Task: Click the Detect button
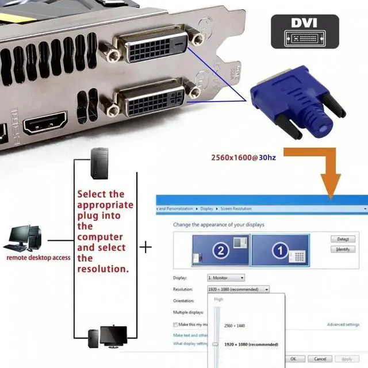click(x=343, y=239)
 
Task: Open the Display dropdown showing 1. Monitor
click(x=226, y=278)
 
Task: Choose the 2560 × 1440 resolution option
click(x=235, y=325)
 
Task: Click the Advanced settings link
click(x=343, y=324)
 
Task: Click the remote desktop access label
click(x=38, y=258)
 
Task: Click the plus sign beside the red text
click(x=147, y=247)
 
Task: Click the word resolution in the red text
click(x=103, y=269)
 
